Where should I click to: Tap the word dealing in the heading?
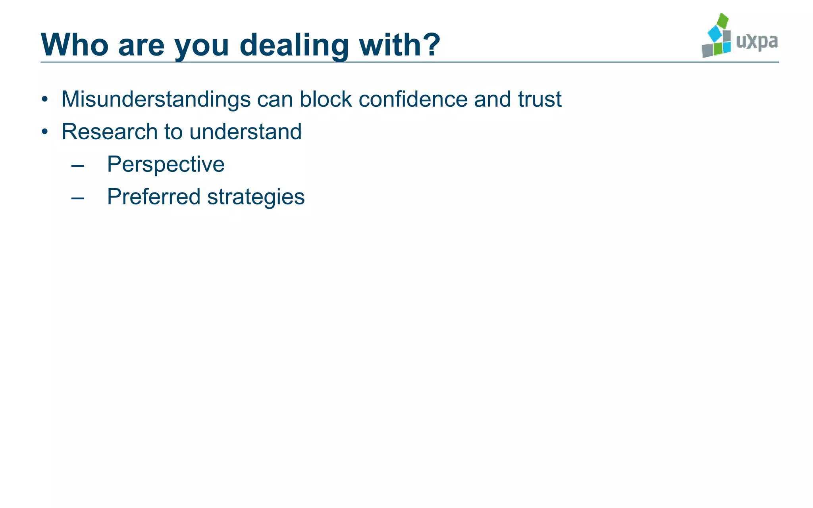[x=294, y=45]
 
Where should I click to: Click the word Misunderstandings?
[x=156, y=99]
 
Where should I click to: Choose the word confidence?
[x=413, y=99]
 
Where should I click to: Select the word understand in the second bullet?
[x=245, y=131]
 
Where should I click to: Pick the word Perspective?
[x=166, y=164]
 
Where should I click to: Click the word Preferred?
[x=154, y=197]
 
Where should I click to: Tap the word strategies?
[x=256, y=197]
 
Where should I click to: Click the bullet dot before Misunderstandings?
[x=45, y=99]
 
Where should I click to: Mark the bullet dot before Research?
[x=45, y=131]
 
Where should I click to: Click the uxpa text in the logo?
[x=757, y=41]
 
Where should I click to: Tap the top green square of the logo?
[x=723, y=21]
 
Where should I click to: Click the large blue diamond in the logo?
[x=715, y=34]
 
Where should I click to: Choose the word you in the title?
[x=202, y=45]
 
